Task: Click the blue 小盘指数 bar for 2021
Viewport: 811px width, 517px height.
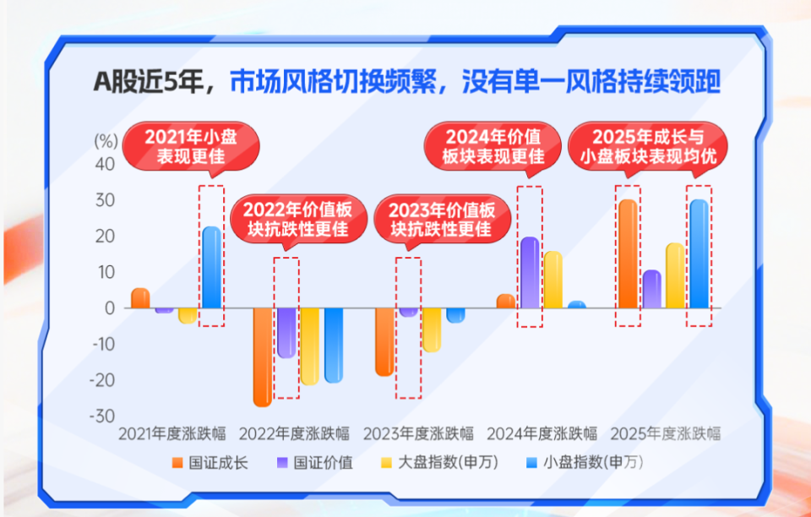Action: click(211, 268)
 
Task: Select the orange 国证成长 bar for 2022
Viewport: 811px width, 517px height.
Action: click(262, 357)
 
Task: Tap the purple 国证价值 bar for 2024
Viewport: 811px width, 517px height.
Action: click(530, 273)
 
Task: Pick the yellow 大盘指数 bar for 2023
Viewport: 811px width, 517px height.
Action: click(432, 330)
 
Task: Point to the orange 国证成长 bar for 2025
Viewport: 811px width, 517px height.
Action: click(628, 253)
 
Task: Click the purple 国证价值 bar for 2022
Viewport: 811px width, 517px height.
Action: click(286, 333)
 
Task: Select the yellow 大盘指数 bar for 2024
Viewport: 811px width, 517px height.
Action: click(552, 280)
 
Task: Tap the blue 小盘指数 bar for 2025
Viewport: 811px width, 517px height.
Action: click(699, 253)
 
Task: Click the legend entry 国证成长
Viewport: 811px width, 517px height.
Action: click(210, 462)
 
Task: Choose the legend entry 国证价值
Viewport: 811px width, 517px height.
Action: click(315, 462)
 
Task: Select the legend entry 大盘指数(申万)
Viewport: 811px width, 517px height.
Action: click(440, 462)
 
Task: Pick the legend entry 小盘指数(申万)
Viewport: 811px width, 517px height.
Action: click(585, 462)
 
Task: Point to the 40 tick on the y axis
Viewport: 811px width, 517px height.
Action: click(105, 165)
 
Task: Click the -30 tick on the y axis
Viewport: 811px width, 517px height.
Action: click(101, 416)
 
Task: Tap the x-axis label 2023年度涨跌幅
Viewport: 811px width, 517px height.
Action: click(418, 433)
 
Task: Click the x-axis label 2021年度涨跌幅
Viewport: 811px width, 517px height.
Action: click(172, 433)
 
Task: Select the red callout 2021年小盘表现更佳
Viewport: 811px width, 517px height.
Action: click(191, 146)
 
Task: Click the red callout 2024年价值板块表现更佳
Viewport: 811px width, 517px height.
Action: click(493, 146)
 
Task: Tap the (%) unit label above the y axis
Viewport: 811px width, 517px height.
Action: click(106, 140)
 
